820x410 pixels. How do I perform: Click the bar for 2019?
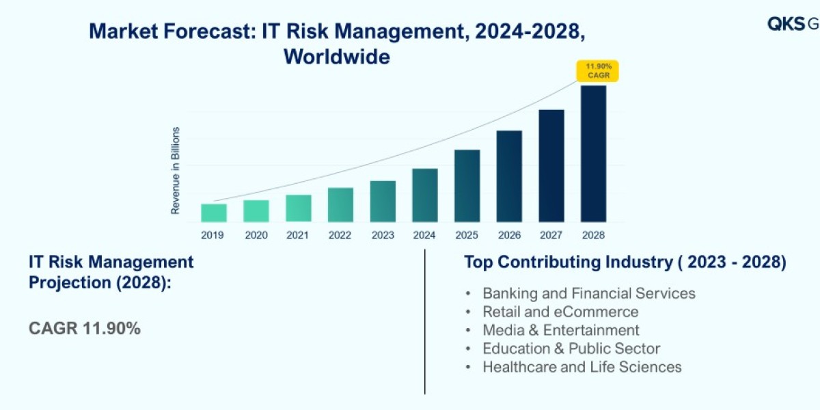pos(214,213)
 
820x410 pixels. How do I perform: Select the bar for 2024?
pos(424,195)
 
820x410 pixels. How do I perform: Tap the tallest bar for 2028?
pos(593,154)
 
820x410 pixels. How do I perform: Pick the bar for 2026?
pos(509,176)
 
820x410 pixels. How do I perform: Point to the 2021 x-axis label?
pos(298,235)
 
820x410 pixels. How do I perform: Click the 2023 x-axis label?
pos(383,235)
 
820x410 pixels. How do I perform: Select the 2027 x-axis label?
pos(551,235)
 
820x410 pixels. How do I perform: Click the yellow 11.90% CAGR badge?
pos(598,71)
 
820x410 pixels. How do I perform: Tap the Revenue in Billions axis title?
pos(176,170)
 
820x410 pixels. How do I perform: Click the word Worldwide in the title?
pos(337,56)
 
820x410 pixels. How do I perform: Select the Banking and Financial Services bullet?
pos(588,293)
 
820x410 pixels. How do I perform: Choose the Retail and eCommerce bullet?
pos(560,312)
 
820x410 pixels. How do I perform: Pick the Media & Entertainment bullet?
pos(560,330)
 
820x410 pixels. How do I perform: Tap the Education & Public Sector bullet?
pos(571,348)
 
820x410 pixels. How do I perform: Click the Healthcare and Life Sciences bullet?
pos(582,367)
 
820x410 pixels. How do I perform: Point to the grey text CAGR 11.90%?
pos(85,328)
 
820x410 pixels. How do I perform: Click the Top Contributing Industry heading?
pos(625,262)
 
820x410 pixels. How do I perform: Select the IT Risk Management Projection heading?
pos(111,271)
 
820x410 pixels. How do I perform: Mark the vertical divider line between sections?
pos(425,321)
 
